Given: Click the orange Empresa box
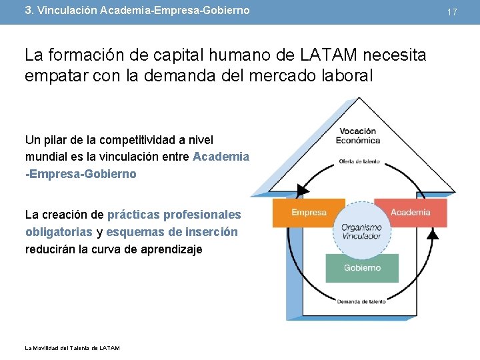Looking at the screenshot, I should click(309, 213).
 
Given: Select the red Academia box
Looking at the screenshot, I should click(410, 213).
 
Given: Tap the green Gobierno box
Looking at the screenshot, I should click(362, 268).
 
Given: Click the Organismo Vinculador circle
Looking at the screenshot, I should click(361, 231).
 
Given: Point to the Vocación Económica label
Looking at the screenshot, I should click(358, 135).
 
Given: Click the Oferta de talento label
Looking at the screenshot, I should click(359, 161).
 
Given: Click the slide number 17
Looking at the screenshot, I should click(452, 12).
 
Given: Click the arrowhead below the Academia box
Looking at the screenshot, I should click(432, 235).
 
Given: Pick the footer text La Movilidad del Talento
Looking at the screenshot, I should click(72, 348).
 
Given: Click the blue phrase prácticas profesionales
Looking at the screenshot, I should click(174, 215).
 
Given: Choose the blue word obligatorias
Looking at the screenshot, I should click(59, 232).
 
